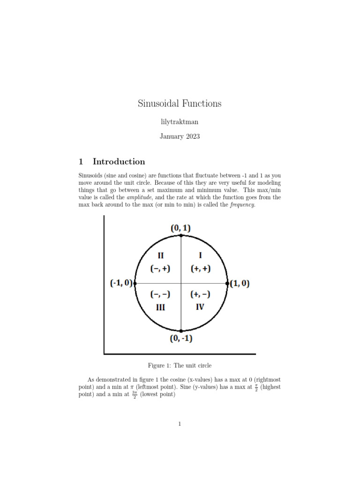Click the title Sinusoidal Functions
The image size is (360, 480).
click(x=180, y=104)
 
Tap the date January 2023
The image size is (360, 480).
click(x=180, y=137)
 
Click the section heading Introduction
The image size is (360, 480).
click(x=119, y=162)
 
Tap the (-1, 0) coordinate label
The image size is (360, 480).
click(x=121, y=284)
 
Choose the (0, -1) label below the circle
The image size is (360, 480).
click(x=181, y=339)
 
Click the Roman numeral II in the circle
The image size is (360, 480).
click(x=160, y=255)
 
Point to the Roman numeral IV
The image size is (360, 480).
click(x=200, y=308)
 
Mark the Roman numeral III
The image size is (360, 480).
click(x=160, y=308)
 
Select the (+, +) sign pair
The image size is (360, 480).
click(x=201, y=269)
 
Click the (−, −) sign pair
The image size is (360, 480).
click(x=160, y=294)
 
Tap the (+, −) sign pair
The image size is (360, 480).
click(x=201, y=294)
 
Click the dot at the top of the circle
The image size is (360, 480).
click(x=181, y=235)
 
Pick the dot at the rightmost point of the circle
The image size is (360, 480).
click(x=228, y=283)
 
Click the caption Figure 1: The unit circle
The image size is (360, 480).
click(x=180, y=365)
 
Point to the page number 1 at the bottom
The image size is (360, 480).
click(x=180, y=424)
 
